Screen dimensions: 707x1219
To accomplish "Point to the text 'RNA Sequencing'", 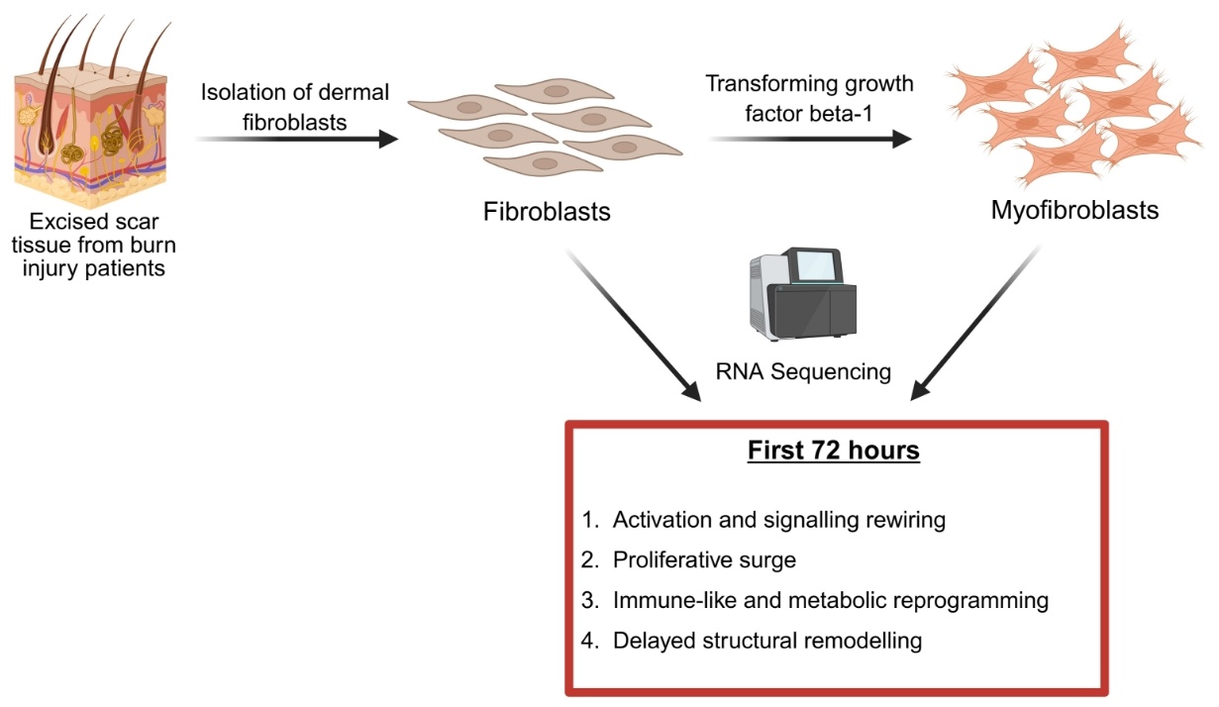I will [x=803, y=372].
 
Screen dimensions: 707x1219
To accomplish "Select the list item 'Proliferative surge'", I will [x=704, y=559].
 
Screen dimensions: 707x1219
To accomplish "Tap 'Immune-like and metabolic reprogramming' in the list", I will [x=830, y=600].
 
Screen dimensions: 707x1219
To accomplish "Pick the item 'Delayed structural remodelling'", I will [x=767, y=641].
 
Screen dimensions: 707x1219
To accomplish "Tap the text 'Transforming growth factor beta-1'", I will [x=809, y=96].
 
